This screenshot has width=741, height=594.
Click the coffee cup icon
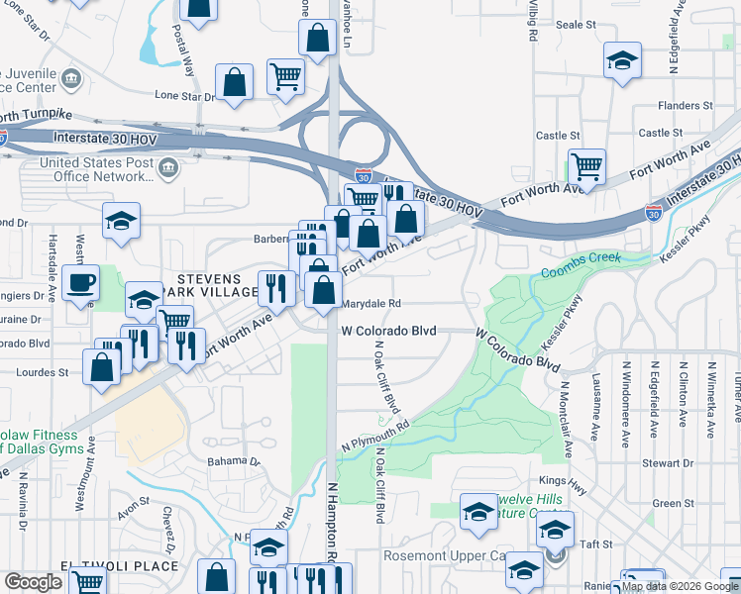81,283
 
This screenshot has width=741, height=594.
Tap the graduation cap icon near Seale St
622,60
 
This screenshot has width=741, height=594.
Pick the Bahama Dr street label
233,461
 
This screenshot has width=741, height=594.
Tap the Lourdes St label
43,372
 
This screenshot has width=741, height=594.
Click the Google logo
33,582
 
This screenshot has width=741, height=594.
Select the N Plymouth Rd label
374,437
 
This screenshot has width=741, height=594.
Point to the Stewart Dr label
687,462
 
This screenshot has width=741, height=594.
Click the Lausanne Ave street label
594,414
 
